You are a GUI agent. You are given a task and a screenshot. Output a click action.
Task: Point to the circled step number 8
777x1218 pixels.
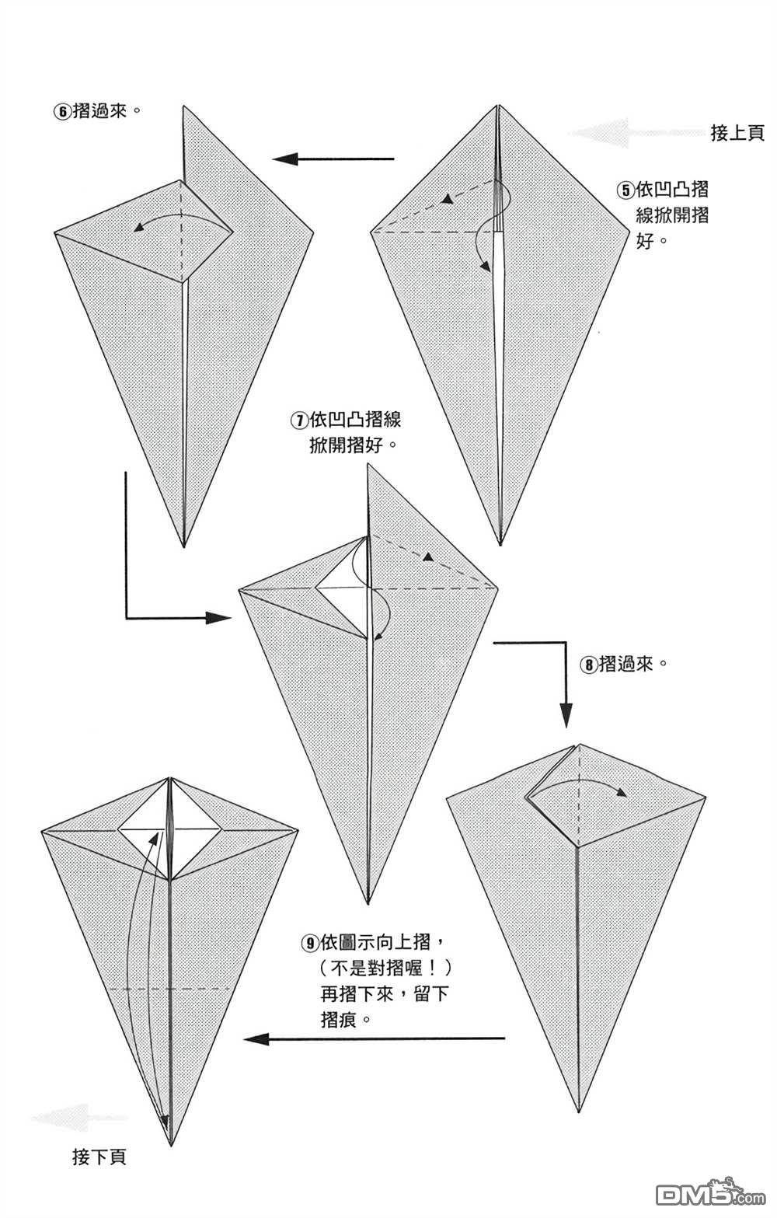pyautogui.click(x=589, y=665)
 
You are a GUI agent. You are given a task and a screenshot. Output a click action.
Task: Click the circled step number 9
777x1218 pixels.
pyautogui.click(x=308, y=944)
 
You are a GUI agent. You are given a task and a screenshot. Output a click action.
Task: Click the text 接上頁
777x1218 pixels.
pyautogui.click(x=737, y=133)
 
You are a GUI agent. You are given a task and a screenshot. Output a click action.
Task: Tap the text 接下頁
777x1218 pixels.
pyautogui.click(x=99, y=1157)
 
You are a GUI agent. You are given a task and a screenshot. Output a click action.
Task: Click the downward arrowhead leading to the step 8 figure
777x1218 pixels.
pyautogui.click(x=566, y=714)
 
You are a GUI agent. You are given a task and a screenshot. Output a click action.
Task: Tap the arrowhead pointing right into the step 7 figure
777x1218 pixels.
pyautogui.click(x=219, y=618)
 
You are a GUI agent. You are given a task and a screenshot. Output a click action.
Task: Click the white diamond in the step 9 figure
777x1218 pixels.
pyautogui.click(x=170, y=831)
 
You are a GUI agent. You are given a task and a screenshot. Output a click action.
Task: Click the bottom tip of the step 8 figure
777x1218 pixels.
pyautogui.click(x=579, y=1110)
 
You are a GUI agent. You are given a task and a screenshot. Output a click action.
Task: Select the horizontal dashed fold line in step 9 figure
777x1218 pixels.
pyautogui.click(x=170, y=989)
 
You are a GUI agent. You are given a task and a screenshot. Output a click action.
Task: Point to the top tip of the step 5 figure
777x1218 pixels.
pyautogui.click(x=497, y=106)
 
